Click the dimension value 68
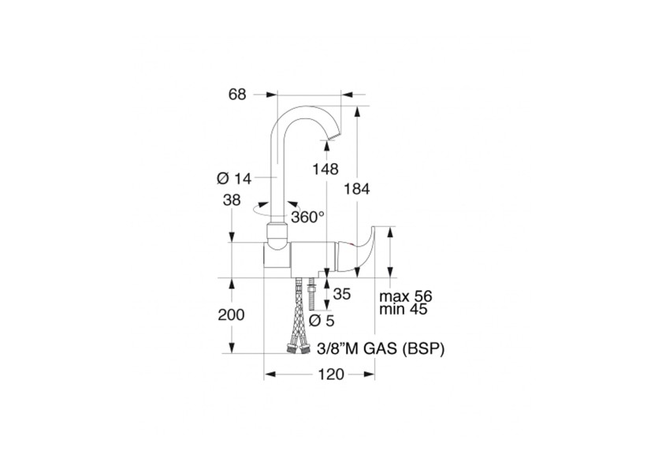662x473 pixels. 237,95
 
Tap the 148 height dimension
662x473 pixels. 325,169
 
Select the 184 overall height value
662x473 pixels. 357,188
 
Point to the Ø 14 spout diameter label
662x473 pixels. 234,179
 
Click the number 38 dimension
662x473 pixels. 231,199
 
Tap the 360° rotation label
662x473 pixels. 308,217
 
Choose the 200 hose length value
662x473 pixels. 231,315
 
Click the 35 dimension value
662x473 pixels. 342,294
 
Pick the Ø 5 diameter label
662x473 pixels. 322,321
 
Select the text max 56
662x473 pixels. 406,296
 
